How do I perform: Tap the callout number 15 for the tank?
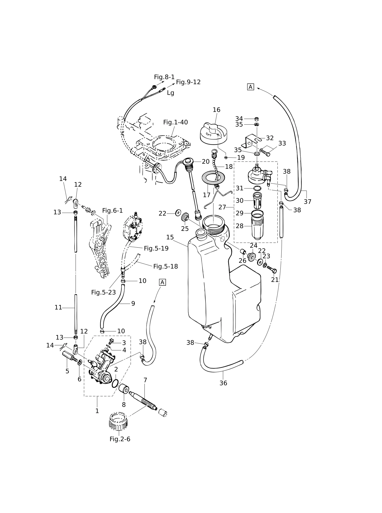[x=170, y=237]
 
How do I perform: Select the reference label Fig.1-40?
[x=175, y=122]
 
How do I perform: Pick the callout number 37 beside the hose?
[x=307, y=202]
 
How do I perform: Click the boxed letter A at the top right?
[x=251, y=87]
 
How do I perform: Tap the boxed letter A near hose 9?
[x=162, y=282]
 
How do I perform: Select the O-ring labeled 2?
[x=115, y=383]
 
